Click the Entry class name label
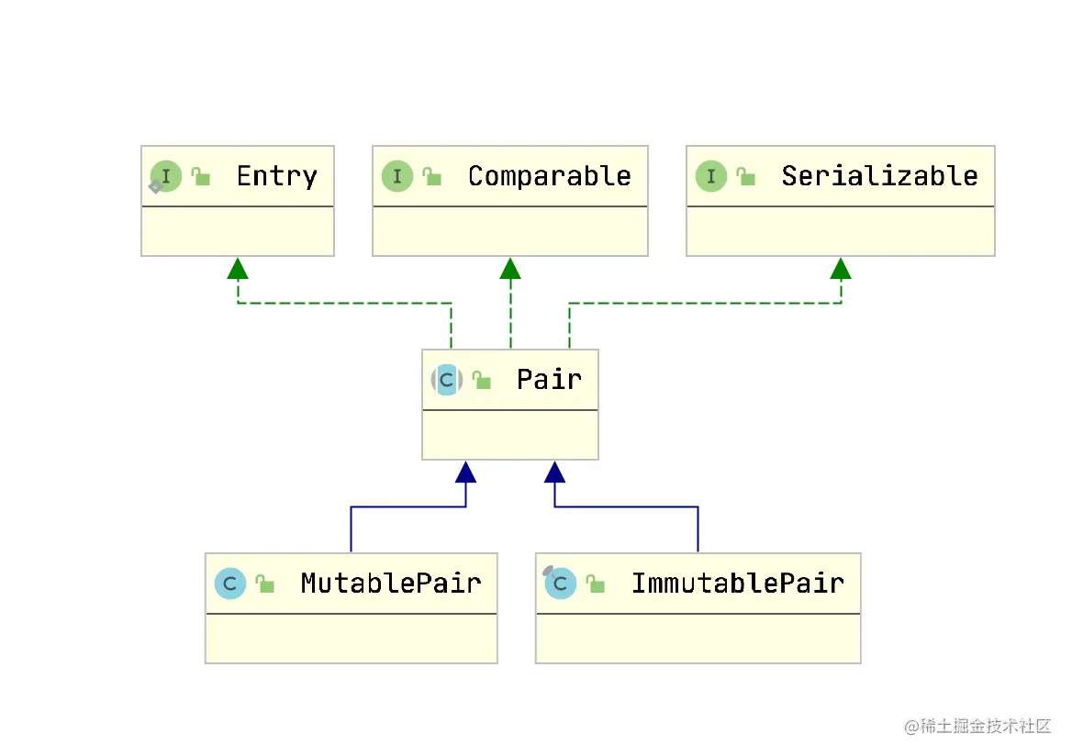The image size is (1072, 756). pyautogui.click(x=277, y=177)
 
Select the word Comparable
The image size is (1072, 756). pyautogui.click(x=549, y=176)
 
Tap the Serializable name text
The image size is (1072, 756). pyautogui.click(x=879, y=176)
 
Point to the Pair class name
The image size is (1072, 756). pyautogui.click(x=549, y=379)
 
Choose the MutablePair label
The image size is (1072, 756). pyautogui.click(x=391, y=584)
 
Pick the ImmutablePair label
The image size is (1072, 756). pyautogui.click(x=738, y=584)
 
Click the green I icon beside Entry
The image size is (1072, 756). pyautogui.click(x=165, y=176)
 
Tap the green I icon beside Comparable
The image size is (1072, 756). pyautogui.click(x=397, y=176)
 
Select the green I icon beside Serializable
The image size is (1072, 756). pyautogui.click(x=711, y=176)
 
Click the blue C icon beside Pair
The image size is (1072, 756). pyautogui.click(x=446, y=380)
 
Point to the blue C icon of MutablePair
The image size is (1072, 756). pyautogui.click(x=230, y=584)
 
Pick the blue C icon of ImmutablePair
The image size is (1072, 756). pyautogui.click(x=561, y=584)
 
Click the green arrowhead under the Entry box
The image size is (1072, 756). pyautogui.click(x=238, y=269)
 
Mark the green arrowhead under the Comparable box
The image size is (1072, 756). pyautogui.click(x=510, y=269)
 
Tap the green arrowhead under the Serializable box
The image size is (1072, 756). pyautogui.click(x=841, y=269)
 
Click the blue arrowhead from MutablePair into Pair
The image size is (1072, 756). pyautogui.click(x=465, y=472)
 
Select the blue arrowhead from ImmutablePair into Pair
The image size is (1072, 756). pyautogui.click(x=554, y=472)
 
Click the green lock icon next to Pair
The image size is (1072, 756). pyautogui.click(x=482, y=380)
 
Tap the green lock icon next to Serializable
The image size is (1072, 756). pyautogui.click(x=746, y=177)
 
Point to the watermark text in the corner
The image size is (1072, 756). pyautogui.click(x=977, y=726)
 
